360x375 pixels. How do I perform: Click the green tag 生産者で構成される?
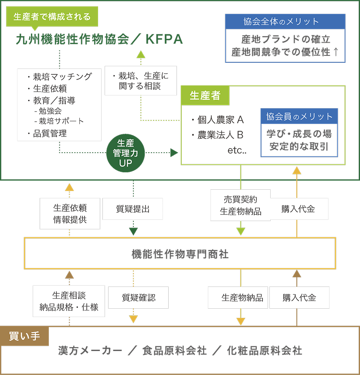pos(52,17)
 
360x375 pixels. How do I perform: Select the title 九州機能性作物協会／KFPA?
pos(99,40)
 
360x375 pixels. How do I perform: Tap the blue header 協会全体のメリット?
pos(285,21)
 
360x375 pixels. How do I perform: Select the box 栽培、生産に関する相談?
pos(140,81)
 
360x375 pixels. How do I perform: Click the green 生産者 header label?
pos(205,95)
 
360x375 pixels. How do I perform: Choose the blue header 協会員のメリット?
pos(299,116)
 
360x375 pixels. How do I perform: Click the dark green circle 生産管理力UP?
pos(126,153)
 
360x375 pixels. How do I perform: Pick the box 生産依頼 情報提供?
pos(70,214)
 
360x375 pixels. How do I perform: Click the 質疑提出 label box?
pos(132,209)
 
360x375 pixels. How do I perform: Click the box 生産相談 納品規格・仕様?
pos(69,301)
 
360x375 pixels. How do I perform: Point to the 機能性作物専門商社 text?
pos(180,254)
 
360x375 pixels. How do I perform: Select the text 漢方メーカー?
pos(90,351)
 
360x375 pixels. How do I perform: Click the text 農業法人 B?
pos(220,134)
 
